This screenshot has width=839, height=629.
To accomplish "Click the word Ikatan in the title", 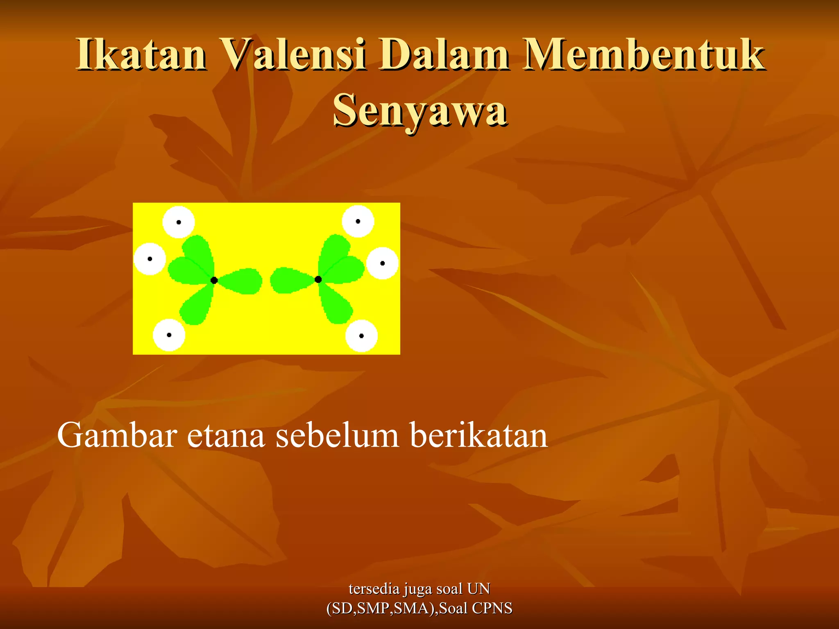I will [x=141, y=54].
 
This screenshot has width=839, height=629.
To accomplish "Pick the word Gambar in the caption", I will [x=117, y=435].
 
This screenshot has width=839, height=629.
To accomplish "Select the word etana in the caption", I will [x=226, y=435].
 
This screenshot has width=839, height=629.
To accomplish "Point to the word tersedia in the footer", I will [x=374, y=589].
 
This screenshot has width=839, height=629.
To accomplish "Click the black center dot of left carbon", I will [x=214, y=280].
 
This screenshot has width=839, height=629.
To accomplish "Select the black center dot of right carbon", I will [x=318, y=279].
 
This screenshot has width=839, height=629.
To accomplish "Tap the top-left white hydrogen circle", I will [x=179, y=222].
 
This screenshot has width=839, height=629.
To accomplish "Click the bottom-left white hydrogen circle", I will [x=169, y=335].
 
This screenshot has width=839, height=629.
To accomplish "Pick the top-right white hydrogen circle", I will [x=358, y=221].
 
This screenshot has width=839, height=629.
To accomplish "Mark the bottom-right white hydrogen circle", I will [x=361, y=336].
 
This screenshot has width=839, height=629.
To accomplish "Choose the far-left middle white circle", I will [x=150, y=259].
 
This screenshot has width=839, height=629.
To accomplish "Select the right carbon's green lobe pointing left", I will [x=289, y=281].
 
